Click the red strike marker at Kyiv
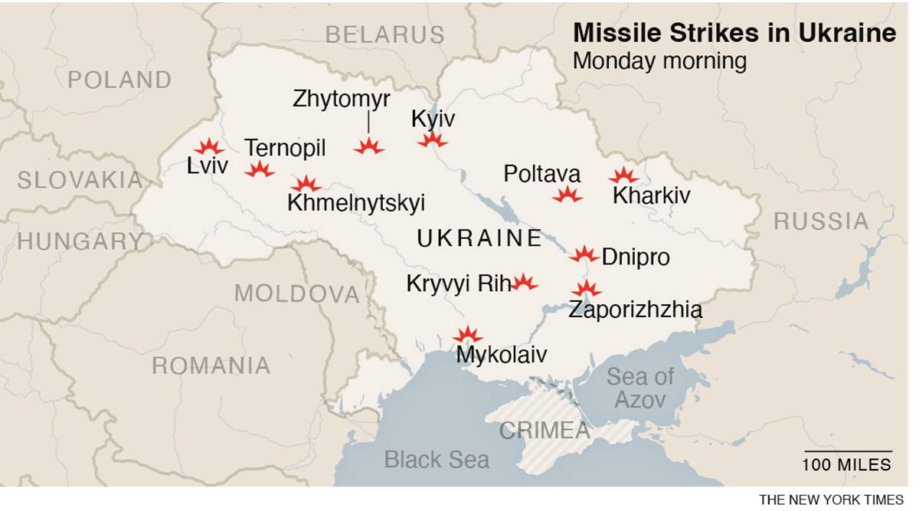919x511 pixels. pyautogui.click(x=432, y=139)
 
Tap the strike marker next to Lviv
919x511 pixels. pyautogui.click(x=208, y=147)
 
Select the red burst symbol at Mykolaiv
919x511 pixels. pyautogui.click(x=467, y=335)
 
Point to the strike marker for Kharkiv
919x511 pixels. pyautogui.click(x=623, y=176)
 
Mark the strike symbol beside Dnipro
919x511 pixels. pyautogui.click(x=584, y=254)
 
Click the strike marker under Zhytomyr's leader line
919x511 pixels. pyautogui.click(x=368, y=146)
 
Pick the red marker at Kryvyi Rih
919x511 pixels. pyautogui.click(x=524, y=282)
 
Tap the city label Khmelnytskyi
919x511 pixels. pyautogui.click(x=356, y=203)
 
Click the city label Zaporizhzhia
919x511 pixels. pyautogui.click(x=635, y=310)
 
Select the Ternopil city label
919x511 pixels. pyautogui.click(x=285, y=148)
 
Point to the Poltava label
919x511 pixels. pyautogui.click(x=542, y=174)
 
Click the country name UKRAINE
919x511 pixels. pyautogui.click(x=479, y=238)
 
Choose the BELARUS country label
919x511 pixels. pyautogui.click(x=384, y=34)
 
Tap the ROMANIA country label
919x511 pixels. pyautogui.click(x=211, y=365)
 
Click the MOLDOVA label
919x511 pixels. pyautogui.click(x=296, y=293)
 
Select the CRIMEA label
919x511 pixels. pyautogui.click(x=545, y=431)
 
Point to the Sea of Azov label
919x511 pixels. pyautogui.click(x=640, y=388)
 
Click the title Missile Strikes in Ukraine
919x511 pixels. pyautogui.click(x=734, y=34)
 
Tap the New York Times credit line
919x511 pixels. pyautogui.click(x=831, y=500)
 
